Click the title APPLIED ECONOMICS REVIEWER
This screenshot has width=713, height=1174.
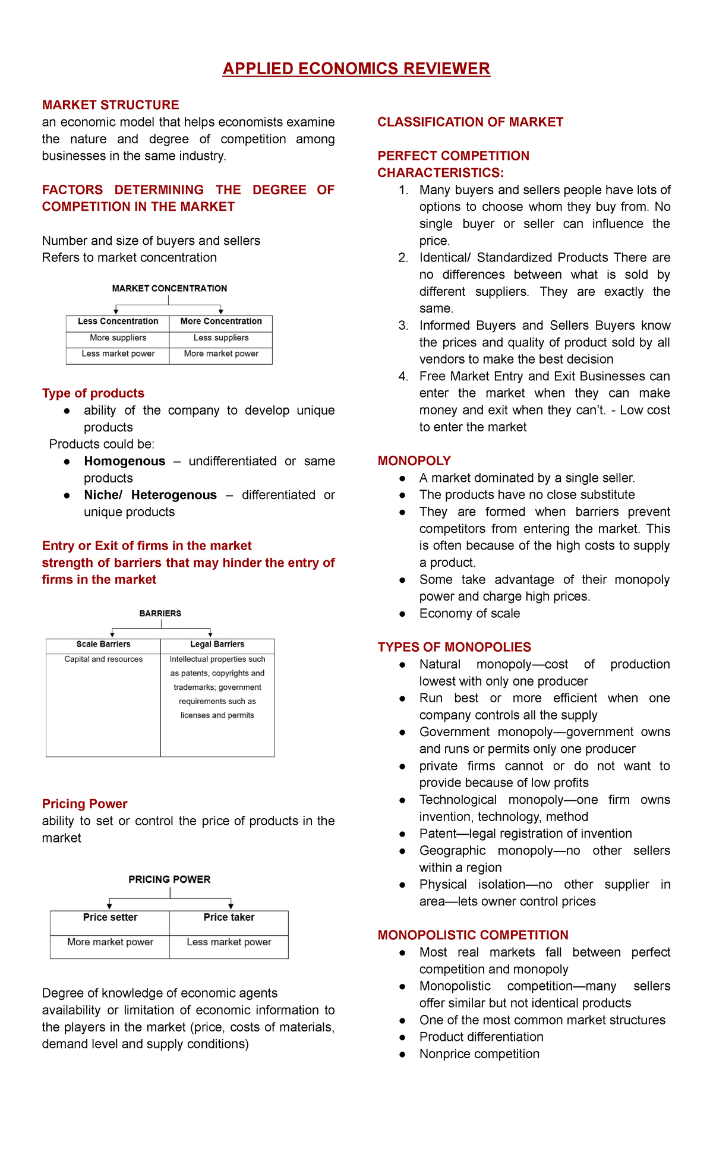click(x=356, y=69)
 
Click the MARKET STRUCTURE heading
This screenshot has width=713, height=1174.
click(x=111, y=105)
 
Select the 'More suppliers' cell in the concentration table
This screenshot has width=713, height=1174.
click(x=118, y=337)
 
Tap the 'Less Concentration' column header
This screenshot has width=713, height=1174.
click(x=118, y=321)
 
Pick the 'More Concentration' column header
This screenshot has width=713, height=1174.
click(x=221, y=321)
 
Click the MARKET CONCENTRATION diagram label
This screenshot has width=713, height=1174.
click(x=169, y=289)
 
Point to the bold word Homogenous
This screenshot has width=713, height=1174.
click(x=125, y=461)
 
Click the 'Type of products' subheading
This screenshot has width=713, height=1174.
click(x=93, y=393)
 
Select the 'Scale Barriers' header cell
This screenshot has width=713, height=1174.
click(x=103, y=644)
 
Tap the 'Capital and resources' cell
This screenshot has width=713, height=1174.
click(x=103, y=659)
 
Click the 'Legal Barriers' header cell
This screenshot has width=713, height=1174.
click(x=217, y=644)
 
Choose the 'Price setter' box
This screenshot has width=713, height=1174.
click(x=110, y=917)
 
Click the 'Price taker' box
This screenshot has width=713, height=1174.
click(x=229, y=917)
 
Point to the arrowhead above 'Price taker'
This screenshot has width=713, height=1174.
click(x=231, y=906)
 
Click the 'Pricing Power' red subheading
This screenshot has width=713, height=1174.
click(x=85, y=804)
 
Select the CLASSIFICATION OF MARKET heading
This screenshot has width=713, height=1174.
click(x=470, y=122)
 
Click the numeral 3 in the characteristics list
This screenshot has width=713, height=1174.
click(x=403, y=326)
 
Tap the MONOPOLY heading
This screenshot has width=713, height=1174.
click(x=414, y=461)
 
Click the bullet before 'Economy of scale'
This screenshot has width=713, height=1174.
click(x=402, y=614)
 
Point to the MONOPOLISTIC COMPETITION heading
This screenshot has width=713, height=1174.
click(x=473, y=935)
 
